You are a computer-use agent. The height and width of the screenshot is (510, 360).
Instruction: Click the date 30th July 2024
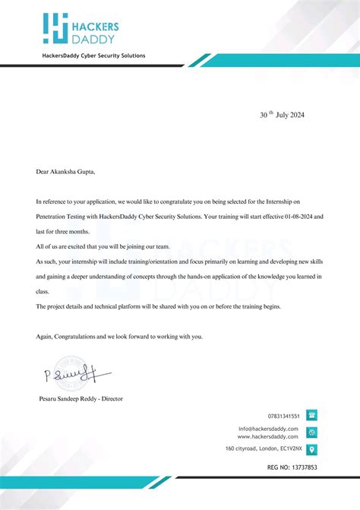pos(281,115)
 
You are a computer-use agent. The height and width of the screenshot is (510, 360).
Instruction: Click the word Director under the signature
pos(111,398)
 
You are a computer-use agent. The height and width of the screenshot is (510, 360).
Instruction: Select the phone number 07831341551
pos(284,417)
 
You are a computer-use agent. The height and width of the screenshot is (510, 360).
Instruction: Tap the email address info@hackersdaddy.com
pos(270,429)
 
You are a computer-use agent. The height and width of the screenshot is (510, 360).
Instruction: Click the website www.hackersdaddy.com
pos(270,436)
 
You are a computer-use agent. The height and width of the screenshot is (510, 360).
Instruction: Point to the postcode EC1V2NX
pos(288,449)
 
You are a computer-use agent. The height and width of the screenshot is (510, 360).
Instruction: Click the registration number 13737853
pos(304,467)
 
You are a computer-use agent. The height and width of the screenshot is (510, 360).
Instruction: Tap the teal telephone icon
pos(312,416)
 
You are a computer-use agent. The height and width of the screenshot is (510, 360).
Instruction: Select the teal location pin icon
pos(312,449)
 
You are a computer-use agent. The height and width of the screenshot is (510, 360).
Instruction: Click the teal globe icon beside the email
pos(312,432)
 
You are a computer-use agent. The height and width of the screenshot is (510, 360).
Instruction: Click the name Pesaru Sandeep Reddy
pos(69,398)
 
